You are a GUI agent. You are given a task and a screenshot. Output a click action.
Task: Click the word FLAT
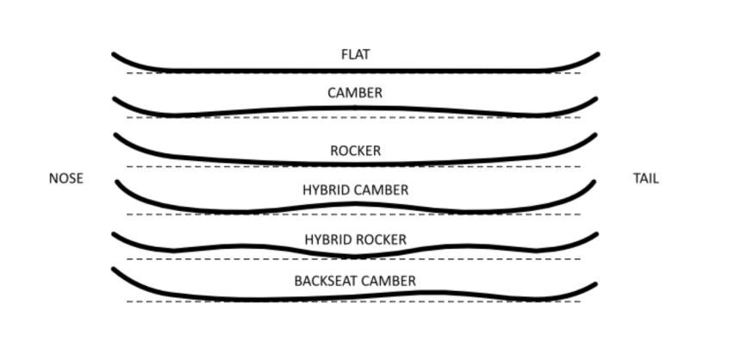pyautogui.click(x=355, y=54)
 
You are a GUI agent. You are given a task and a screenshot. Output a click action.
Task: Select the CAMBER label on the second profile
pyautogui.click(x=355, y=92)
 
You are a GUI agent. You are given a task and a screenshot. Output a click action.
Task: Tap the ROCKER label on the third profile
pyautogui.click(x=355, y=151)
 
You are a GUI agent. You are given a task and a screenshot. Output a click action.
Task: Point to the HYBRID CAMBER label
pyautogui.click(x=355, y=189)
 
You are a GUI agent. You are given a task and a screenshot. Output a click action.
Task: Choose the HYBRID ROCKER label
pyautogui.click(x=355, y=239)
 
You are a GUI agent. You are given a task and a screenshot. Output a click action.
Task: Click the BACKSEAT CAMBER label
pyautogui.click(x=355, y=281)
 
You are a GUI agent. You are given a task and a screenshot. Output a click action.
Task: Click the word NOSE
pyautogui.click(x=66, y=179)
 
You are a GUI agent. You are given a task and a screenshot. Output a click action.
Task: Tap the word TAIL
pyautogui.click(x=645, y=179)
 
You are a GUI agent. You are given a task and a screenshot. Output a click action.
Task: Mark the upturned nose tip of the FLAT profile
pyautogui.click(x=115, y=55)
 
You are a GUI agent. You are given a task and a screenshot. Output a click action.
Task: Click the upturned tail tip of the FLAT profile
pyautogui.click(x=596, y=54)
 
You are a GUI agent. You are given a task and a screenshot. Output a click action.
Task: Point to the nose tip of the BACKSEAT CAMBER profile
pyautogui.click(x=115, y=270)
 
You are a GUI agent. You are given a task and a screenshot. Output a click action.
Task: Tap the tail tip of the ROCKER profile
pyautogui.click(x=595, y=134)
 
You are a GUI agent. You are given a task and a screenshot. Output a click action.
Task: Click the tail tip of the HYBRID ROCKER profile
pyautogui.click(x=596, y=233)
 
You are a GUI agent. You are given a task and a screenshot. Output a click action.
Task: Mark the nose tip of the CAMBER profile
pyautogui.click(x=115, y=99)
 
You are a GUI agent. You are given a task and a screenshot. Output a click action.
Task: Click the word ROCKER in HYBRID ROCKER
pyautogui.click(x=383, y=239)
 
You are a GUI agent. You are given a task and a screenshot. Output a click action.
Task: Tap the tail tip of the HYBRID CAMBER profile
pyautogui.click(x=595, y=182)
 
